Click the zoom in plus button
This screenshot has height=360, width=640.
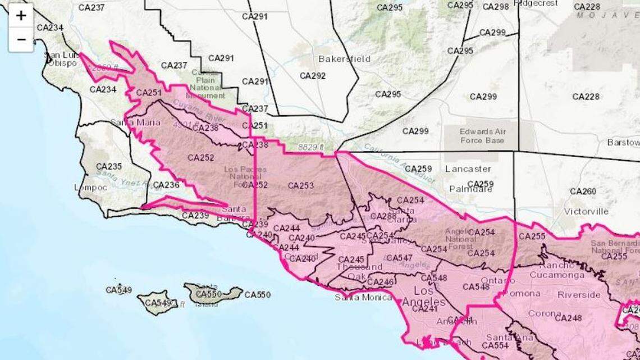pyautogui.click(x=21, y=16)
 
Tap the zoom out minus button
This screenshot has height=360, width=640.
pyautogui.click(x=21, y=39)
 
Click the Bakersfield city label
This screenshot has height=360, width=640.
pyautogui.click(x=336, y=58)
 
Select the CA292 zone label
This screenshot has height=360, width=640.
pyautogui.click(x=313, y=76)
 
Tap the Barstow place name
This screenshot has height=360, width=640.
pyautogui.click(x=623, y=142)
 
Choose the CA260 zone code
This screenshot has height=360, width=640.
pyautogui.click(x=583, y=192)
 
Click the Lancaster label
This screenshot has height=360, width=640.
pyautogui.click(x=468, y=168)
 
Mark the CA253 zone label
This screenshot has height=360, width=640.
pyautogui.click(x=301, y=185)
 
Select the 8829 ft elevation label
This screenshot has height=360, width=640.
pyautogui.click(x=311, y=147)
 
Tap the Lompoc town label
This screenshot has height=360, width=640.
pyautogui.click(x=90, y=188)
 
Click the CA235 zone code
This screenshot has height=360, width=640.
pyautogui.click(x=109, y=167)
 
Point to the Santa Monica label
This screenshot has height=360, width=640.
pyautogui.click(x=363, y=297)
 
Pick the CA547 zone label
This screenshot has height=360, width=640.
pyautogui.click(x=399, y=258)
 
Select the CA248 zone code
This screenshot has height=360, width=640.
pyautogui.click(x=568, y=318)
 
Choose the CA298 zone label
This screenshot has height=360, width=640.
pyautogui.click(x=496, y=7)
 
